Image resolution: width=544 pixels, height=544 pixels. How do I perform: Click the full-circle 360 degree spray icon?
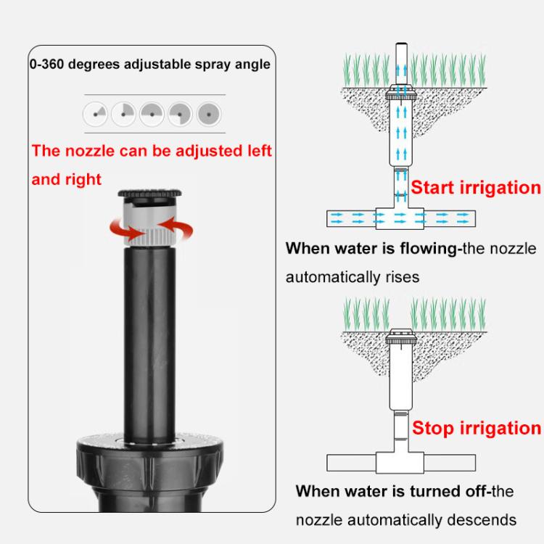coord(209,114)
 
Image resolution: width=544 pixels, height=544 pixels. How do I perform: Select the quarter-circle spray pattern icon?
coord(123,113)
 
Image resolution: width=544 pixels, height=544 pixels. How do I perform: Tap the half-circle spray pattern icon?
coord(152,113)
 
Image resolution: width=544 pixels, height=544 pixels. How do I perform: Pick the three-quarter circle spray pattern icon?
coord(180,114)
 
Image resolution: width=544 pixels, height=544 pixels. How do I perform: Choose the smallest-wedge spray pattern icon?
coord(95,113)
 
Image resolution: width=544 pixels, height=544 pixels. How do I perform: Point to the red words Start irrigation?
coord(476,188)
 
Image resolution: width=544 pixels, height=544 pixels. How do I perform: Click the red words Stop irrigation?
coord(477,427)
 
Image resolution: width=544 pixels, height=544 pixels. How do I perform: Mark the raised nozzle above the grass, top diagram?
coord(401,65)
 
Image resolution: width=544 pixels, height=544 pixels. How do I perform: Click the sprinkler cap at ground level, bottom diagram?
coord(401,336)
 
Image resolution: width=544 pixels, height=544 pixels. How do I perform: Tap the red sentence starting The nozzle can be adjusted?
coord(151,164)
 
